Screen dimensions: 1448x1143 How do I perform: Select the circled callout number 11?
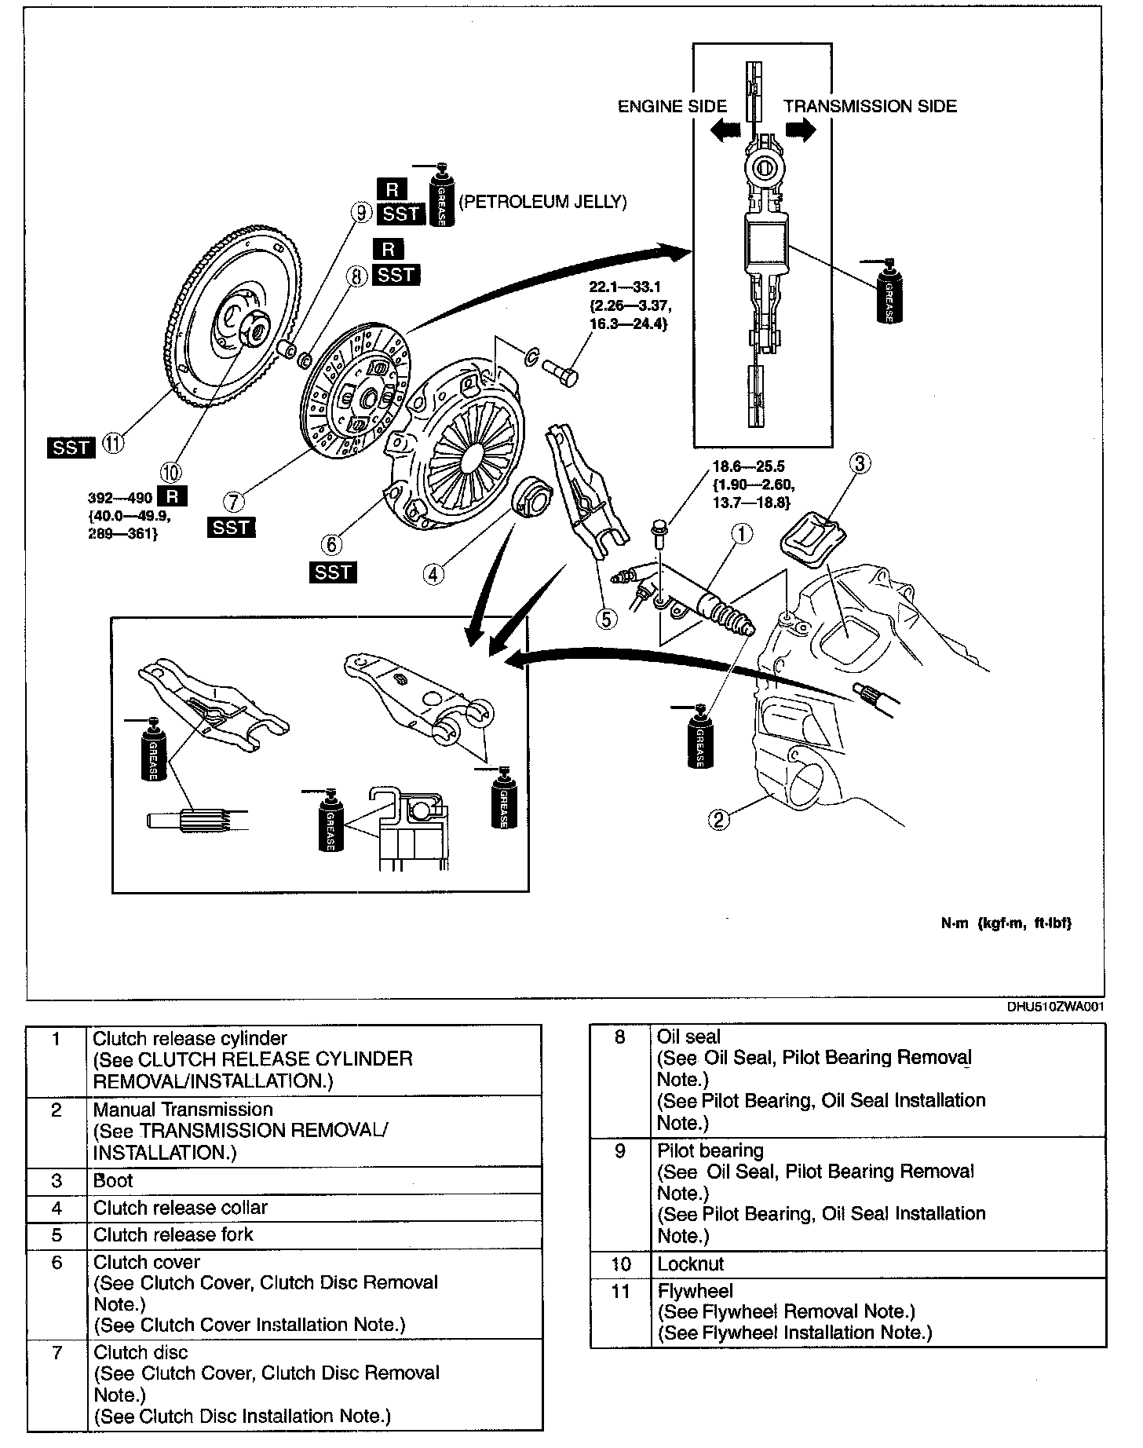(x=115, y=444)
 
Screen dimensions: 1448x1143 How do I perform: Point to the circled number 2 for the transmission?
(x=719, y=820)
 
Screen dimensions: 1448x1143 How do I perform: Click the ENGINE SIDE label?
(x=672, y=107)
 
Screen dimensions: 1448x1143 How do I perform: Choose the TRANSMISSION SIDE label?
(x=870, y=107)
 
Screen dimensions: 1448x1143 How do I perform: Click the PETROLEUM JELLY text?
(x=542, y=203)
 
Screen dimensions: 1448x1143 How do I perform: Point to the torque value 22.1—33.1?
(x=625, y=287)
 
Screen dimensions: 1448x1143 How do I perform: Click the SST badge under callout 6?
(x=333, y=572)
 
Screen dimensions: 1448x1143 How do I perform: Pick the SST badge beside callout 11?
(x=71, y=447)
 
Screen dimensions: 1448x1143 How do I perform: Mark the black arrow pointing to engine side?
(x=725, y=130)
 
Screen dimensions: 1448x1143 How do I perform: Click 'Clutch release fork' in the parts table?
(x=173, y=1235)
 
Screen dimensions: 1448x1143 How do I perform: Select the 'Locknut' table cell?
(x=691, y=1264)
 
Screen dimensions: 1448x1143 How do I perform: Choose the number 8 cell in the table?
(x=620, y=1038)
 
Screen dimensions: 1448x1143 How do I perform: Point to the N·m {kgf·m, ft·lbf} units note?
(x=1006, y=923)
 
